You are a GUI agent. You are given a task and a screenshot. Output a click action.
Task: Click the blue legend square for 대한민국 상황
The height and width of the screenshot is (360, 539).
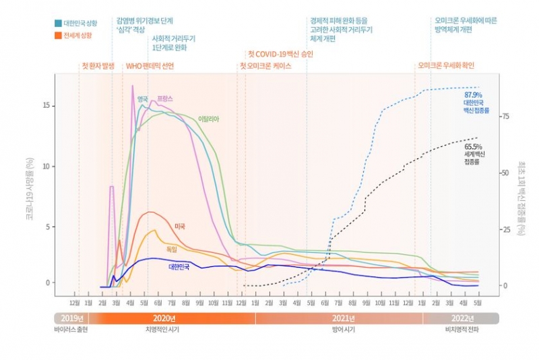click(58, 23)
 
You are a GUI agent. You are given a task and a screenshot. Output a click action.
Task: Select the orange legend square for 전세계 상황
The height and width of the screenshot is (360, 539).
click(58, 34)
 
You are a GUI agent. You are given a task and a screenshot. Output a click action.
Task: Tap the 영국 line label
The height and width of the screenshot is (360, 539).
click(142, 99)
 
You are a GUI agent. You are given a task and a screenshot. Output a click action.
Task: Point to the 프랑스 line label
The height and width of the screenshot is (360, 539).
click(164, 98)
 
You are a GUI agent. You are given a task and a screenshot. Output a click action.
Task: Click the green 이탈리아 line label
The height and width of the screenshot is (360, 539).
click(209, 119)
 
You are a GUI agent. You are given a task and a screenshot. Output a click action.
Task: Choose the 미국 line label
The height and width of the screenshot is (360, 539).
click(180, 226)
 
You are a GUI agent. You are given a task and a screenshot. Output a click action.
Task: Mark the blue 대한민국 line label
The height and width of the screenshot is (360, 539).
click(179, 266)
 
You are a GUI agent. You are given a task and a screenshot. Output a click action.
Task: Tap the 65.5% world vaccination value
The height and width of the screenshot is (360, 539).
click(472, 146)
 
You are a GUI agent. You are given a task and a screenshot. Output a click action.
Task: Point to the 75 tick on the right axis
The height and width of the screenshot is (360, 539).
click(505, 117)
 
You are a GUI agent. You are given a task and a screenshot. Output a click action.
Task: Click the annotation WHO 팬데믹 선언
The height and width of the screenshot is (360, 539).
click(150, 66)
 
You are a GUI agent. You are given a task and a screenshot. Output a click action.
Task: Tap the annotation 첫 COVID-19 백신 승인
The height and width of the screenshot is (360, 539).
click(280, 53)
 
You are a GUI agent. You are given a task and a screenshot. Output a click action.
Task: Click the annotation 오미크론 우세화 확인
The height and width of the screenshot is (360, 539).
click(446, 66)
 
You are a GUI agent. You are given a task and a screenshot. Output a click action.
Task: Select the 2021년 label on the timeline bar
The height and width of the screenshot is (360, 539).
click(344, 318)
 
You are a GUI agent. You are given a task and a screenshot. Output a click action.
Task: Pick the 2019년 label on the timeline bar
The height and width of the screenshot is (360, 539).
click(71, 318)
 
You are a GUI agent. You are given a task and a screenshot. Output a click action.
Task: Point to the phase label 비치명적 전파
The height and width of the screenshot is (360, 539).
click(462, 330)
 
